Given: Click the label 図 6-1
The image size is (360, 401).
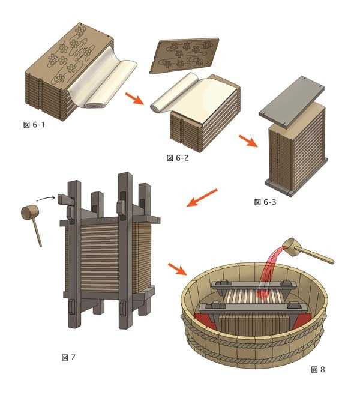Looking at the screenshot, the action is tap(34, 125).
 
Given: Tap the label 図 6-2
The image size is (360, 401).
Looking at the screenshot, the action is tap(178, 158).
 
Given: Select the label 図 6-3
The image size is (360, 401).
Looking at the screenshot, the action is tap(265, 202).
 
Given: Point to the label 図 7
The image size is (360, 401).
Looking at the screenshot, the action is tap(68, 357).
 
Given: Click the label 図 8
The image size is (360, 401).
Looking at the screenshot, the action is tap(318, 370).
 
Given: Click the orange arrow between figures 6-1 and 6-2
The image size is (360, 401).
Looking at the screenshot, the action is tap(134, 98).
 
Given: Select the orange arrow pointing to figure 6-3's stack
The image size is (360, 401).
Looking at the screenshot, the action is tap(248, 141).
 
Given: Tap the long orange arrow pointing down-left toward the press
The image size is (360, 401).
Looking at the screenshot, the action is tap(202, 197).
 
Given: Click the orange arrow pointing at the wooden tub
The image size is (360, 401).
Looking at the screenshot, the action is tap(178, 269).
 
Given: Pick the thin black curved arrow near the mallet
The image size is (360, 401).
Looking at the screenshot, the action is tap(46, 197).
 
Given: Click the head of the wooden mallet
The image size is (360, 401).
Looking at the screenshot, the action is tap(29, 213).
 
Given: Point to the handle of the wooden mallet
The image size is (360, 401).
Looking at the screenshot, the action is tap(37, 234).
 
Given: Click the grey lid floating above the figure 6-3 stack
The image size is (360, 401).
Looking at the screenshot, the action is tap(292, 102).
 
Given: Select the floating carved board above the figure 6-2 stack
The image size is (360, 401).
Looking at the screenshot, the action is tap(184, 56).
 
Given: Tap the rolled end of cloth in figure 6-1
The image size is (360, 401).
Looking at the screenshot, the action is tap(94, 104).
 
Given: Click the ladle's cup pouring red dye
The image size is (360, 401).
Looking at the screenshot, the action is tap(292, 247).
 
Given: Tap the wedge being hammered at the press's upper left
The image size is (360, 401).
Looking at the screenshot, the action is tap(66, 200).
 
